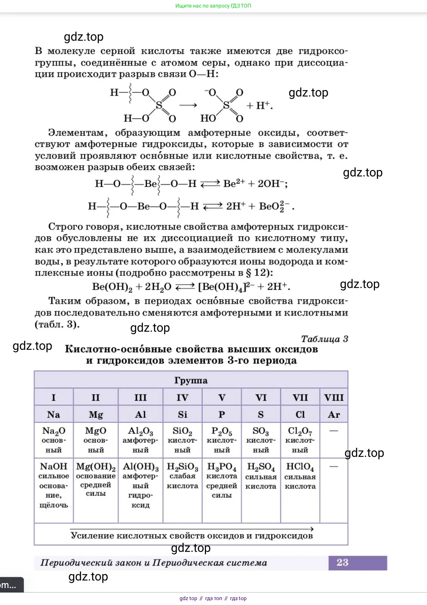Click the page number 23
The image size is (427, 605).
pos(342,562)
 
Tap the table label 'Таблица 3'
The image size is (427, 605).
pos(324,339)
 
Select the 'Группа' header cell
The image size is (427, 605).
pos(191,380)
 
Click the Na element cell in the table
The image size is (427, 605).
pos(54,415)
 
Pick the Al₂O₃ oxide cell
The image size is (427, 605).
pos(140,440)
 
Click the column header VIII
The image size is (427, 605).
pos(334,398)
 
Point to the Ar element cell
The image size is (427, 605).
pos(334,415)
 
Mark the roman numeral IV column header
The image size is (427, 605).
pos(183,398)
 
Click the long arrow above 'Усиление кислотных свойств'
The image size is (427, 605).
pos(192,529)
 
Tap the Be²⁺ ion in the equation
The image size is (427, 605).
pos(234,184)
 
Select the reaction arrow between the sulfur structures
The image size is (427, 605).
pos(188,106)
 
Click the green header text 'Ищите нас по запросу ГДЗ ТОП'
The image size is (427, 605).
pos(213,6)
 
